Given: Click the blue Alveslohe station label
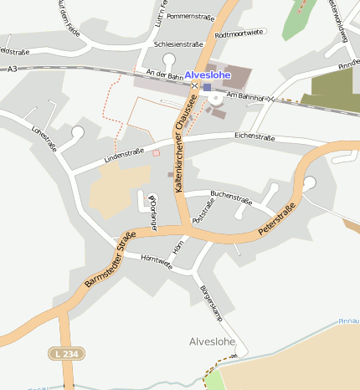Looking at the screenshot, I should pyautogui.click(x=207, y=75).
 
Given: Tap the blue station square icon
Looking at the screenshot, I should pyautogui.click(x=207, y=87).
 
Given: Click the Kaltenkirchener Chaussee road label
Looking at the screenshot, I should pyautogui.click(x=186, y=143).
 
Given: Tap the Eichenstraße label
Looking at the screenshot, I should pyautogui.click(x=255, y=135).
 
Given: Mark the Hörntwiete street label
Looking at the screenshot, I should pyautogui.click(x=157, y=262).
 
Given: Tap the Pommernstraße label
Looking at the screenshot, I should pyautogui.click(x=191, y=16).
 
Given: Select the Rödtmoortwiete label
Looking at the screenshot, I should pyautogui.click(x=239, y=33).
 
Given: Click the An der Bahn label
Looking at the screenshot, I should pyautogui.click(x=164, y=75).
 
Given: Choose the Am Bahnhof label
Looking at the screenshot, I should pyautogui.click(x=246, y=98).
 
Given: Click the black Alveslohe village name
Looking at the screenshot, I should pyautogui.click(x=213, y=341).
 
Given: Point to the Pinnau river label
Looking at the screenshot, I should pyautogui.click(x=348, y=321).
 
